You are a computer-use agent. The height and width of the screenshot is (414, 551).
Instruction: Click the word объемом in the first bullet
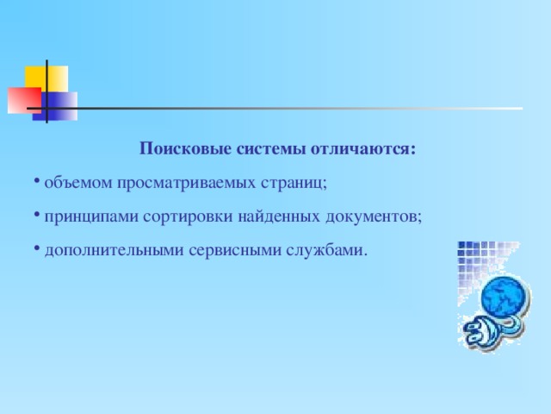pos(72,183)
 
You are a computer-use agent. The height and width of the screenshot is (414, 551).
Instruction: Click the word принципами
pos(87,216)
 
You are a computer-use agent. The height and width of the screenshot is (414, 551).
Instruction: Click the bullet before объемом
pos(38,182)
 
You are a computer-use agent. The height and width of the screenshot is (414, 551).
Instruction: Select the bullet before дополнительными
pos(38,249)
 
